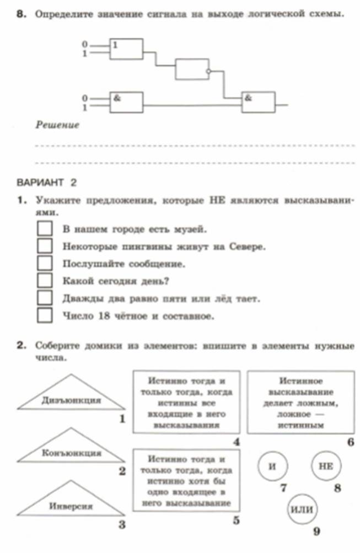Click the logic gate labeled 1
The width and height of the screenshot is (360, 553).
126,49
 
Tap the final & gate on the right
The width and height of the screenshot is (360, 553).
259,102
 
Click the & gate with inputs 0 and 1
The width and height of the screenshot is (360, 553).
126,102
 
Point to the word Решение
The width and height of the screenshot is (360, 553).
58,125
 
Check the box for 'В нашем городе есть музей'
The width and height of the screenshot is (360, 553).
45,228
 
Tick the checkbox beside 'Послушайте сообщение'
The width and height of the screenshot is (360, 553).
45,264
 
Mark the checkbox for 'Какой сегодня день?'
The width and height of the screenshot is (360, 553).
45,281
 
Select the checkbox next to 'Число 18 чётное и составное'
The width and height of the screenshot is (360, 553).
45,316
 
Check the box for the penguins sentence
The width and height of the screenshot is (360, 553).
45,246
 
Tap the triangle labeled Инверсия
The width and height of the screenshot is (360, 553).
71,502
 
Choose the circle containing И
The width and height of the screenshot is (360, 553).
271,467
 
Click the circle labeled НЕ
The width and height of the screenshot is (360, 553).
326,467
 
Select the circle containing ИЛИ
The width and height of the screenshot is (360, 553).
302,508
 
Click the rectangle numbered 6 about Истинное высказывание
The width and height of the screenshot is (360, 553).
300,402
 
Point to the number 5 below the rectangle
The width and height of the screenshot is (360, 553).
235,520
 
